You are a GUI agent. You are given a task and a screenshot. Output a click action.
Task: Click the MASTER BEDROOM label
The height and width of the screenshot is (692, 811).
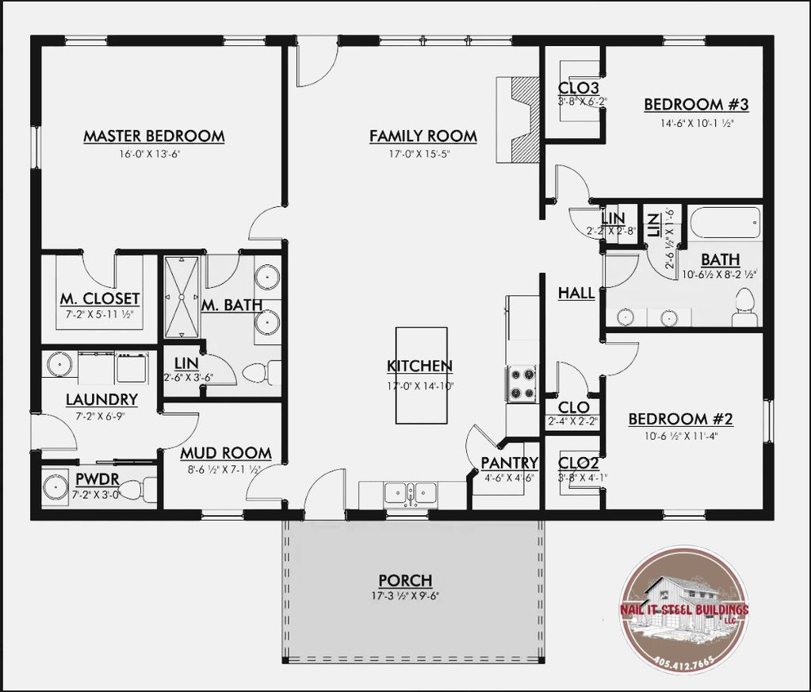tap(154, 136)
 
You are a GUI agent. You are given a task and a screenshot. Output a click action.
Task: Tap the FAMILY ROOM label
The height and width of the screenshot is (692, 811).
tap(423, 136)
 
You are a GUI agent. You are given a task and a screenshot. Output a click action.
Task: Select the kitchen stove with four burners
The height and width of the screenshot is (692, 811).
tap(522, 383)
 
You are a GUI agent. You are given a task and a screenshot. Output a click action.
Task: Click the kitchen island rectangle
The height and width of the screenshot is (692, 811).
tap(422, 375)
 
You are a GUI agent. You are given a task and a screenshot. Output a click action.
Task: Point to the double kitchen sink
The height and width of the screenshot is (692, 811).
tap(410, 494)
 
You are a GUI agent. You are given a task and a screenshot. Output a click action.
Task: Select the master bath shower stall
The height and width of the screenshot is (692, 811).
tap(182, 298)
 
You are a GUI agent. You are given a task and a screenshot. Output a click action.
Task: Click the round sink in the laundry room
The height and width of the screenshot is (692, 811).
tap(59, 364)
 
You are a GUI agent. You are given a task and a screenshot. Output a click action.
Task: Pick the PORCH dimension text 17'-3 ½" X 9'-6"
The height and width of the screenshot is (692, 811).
tap(405, 596)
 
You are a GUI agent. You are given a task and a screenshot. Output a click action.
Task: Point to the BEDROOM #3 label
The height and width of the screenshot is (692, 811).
tap(696, 105)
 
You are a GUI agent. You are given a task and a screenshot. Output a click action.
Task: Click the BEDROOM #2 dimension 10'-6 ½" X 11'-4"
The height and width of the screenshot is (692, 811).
tap(681, 436)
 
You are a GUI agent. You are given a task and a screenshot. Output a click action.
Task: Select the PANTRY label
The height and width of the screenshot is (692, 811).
tap(510, 463)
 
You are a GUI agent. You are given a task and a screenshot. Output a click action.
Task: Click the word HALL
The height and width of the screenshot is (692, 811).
tap(576, 294)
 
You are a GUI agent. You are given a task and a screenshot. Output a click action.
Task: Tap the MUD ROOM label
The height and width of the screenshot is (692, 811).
tap(226, 453)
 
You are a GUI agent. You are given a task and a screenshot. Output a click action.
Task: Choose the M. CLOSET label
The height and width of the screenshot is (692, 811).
tap(100, 299)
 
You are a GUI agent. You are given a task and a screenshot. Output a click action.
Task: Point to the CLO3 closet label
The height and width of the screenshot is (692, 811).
tap(578, 88)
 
